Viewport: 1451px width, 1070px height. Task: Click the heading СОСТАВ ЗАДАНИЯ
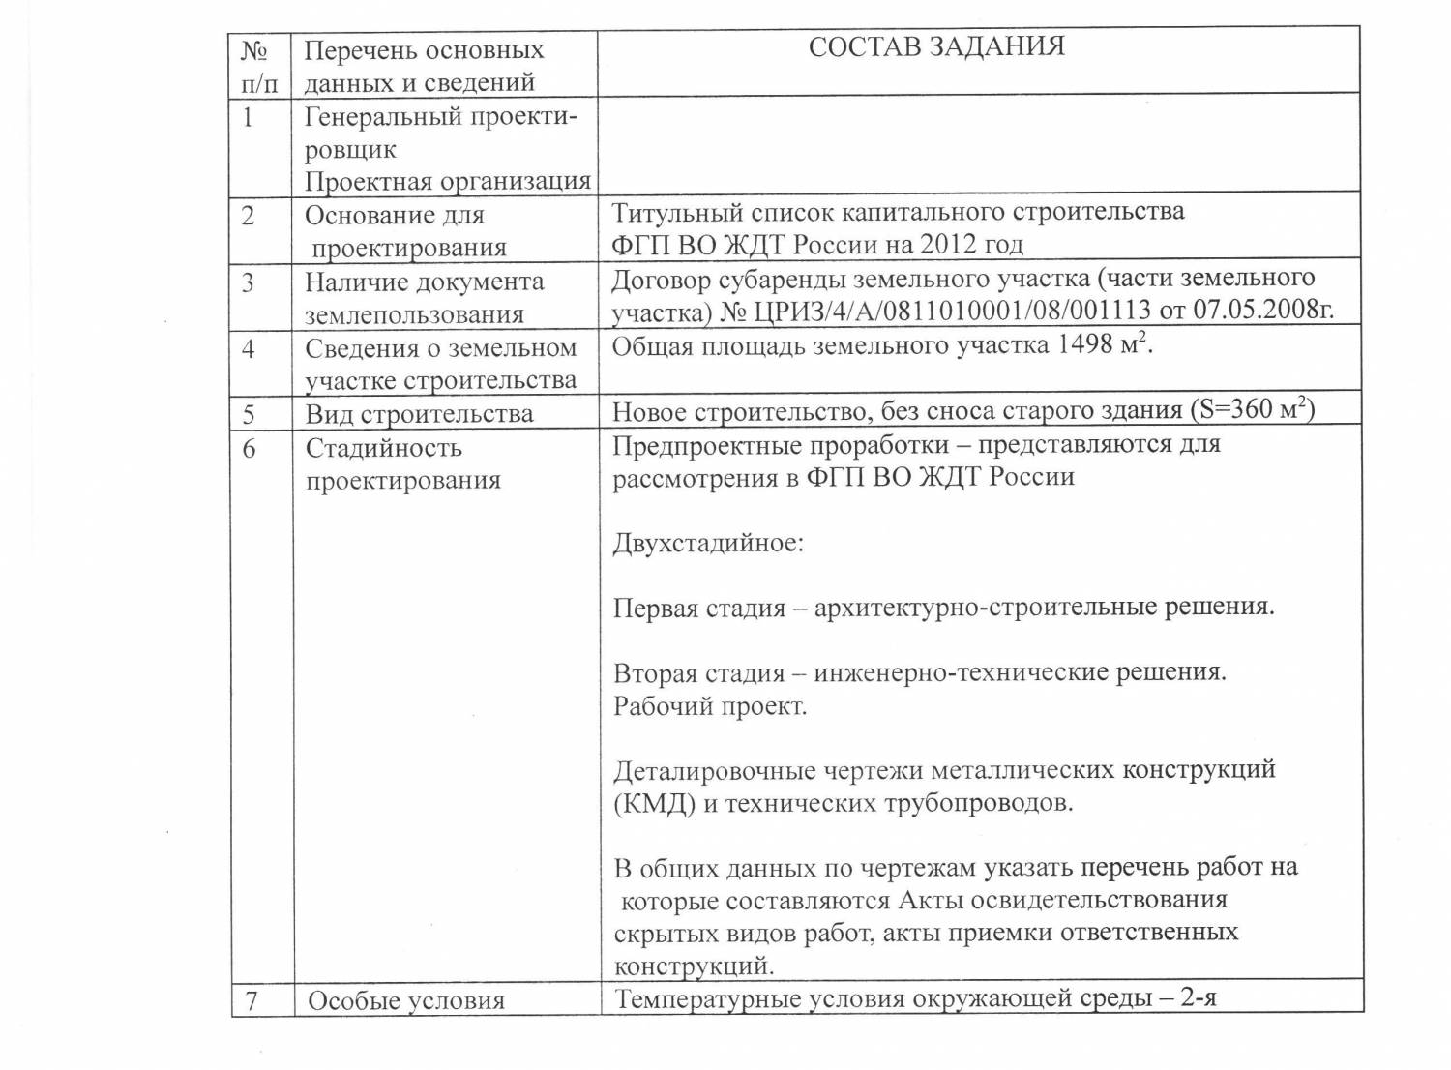935,46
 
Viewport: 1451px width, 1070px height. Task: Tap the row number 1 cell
249,118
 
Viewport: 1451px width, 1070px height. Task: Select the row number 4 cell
249,348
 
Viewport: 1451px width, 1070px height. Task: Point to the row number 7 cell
251,999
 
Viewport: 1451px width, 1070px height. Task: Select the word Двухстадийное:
708,542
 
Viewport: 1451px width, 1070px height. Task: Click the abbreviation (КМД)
654,803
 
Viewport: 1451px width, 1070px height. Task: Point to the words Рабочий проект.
710,705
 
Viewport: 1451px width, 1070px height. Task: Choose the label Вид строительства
419,414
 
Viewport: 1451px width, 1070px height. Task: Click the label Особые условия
406,1000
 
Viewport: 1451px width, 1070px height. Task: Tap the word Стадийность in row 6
384,448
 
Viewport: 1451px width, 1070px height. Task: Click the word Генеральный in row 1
384,117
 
